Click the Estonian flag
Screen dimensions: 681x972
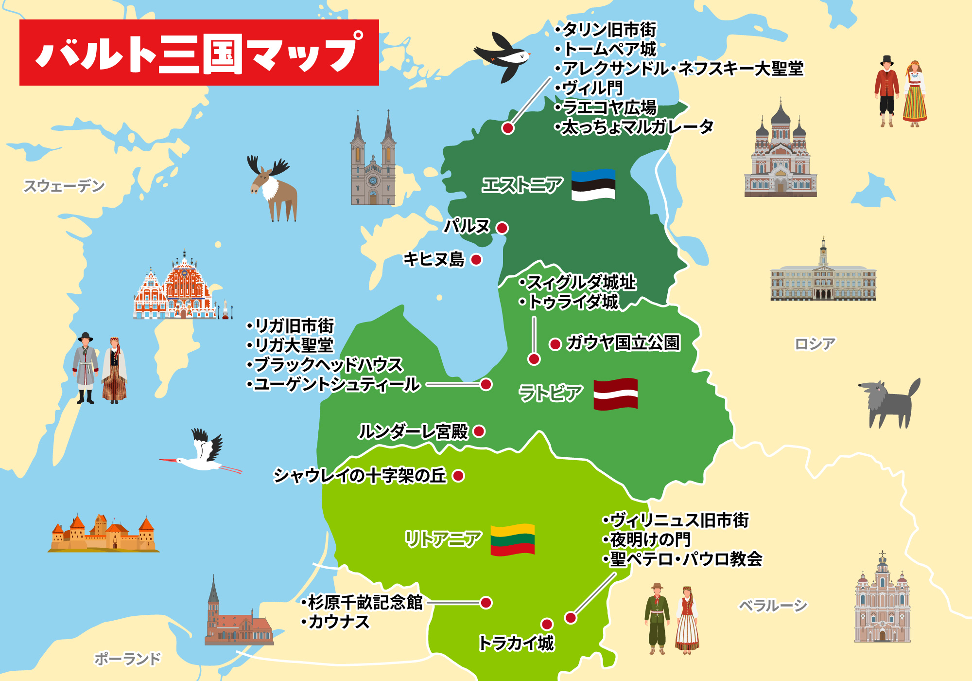[x=593, y=185]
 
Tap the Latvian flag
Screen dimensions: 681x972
[x=615, y=394]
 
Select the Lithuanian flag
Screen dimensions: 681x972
[x=512, y=540]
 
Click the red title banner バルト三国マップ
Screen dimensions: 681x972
[x=199, y=53]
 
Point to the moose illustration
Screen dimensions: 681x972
[x=273, y=187]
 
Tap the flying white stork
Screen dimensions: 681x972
[x=204, y=455]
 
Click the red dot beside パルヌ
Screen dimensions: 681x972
[x=502, y=228]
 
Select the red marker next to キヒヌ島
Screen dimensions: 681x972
[x=476, y=260]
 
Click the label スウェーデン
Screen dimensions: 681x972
[x=64, y=186]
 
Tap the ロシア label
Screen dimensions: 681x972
[x=815, y=344]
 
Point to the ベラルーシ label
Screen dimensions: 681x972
[x=773, y=606]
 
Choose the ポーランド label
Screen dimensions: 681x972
[x=127, y=659]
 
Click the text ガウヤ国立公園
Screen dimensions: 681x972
[x=623, y=343]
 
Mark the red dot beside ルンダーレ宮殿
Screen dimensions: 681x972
[x=479, y=431]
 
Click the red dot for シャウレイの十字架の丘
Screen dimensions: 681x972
[x=458, y=476]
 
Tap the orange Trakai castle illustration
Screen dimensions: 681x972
[x=104, y=534]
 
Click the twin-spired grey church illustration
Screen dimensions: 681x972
[x=373, y=161]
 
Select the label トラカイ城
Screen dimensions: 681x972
[x=516, y=643]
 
